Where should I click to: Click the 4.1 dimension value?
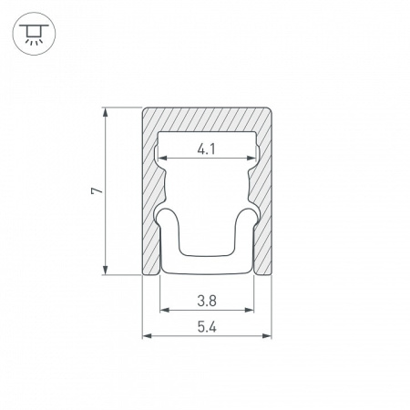point(206,149)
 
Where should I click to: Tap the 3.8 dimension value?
point(207,302)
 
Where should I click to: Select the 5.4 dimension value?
point(207,327)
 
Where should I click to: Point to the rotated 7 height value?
point(97,190)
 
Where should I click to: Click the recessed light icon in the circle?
point(34,34)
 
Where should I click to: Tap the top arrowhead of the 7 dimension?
point(106,112)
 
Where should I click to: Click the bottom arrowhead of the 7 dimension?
point(106,270)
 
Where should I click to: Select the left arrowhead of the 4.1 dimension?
point(163,158)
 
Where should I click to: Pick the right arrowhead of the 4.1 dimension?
point(251,158)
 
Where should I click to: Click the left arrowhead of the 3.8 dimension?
point(165,310)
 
